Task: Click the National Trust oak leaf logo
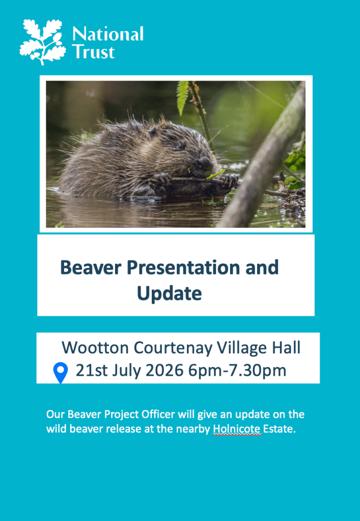42,42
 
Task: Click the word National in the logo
108,34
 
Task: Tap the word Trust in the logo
93,51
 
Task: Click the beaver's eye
180,146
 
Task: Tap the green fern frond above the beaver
182,98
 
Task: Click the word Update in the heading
170,294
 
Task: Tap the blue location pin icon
61,372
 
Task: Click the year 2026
164,370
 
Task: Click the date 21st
92,370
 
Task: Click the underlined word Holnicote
237,429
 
